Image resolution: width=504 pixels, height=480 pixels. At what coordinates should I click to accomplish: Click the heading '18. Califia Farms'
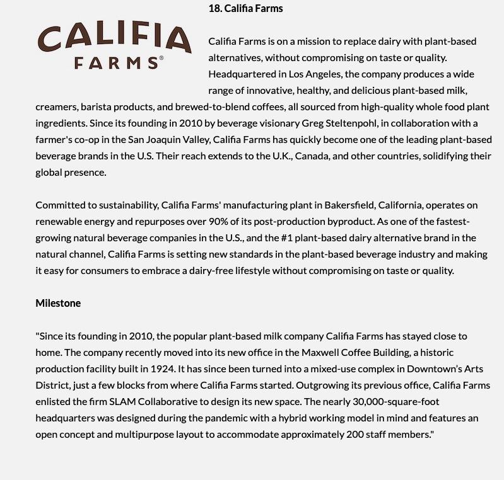click(x=245, y=8)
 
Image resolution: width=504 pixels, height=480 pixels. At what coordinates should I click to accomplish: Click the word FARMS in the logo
click(x=115, y=63)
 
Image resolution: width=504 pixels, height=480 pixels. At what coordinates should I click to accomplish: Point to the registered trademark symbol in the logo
click(x=161, y=58)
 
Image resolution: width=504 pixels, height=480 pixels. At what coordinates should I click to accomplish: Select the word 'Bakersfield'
click(x=350, y=205)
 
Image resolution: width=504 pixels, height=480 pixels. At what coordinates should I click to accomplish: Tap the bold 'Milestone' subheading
click(x=58, y=303)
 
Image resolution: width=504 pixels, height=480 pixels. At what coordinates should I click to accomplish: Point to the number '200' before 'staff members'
click(x=355, y=434)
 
